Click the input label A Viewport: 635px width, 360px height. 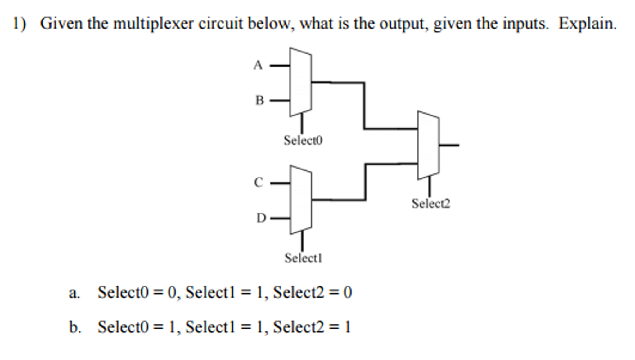[x=258, y=65]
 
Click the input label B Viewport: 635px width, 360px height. [x=259, y=100]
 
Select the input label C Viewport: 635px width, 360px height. [x=259, y=182]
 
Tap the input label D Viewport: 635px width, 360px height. [x=261, y=218]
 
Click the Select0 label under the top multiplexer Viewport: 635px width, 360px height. [x=303, y=140]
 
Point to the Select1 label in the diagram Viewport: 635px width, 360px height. [x=303, y=258]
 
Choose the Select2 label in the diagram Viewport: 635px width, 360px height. [x=430, y=204]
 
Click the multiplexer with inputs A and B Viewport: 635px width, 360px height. [x=300, y=82]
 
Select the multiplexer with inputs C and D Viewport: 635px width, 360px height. [x=300, y=200]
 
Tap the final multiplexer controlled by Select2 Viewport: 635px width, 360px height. [x=428, y=145]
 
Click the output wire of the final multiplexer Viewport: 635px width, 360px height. [x=449, y=145]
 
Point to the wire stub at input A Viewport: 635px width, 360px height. [x=280, y=65]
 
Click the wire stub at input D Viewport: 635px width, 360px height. [x=280, y=218]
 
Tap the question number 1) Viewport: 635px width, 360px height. [x=19, y=24]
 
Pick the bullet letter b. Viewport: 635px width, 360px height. [x=74, y=327]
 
